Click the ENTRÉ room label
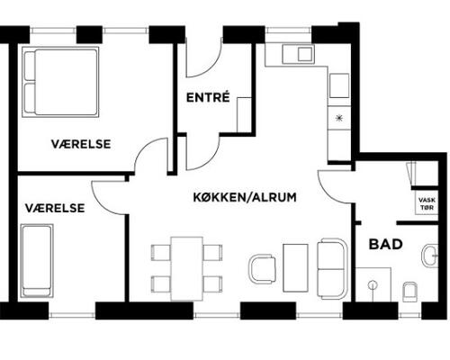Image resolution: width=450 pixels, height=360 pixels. click(x=208, y=97)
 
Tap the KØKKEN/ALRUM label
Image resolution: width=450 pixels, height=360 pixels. click(x=245, y=197)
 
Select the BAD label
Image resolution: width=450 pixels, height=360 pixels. click(x=385, y=244)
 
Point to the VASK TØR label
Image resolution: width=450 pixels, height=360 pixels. click(x=427, y=203)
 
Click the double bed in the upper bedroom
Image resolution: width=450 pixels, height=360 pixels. click(x=60, y=82)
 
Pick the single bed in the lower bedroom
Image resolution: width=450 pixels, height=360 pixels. click(x=37, y=261)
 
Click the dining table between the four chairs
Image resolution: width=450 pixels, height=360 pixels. click(x=186, y=268)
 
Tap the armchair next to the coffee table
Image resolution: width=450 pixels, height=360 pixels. click(x=263, y=269)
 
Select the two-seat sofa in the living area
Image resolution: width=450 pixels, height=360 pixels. click(x=332, y=268)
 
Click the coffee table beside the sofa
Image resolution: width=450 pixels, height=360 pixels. click(x=295, y=268)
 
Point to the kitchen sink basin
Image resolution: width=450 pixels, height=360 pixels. click(x=305, y=54)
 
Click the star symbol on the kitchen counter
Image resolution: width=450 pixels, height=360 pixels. click(x=339, y=118)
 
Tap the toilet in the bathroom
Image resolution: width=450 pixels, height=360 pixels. click(x=409, y=292)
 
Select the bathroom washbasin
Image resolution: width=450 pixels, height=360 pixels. click(x=429, y=256)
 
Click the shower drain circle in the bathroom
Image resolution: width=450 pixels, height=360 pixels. click(x=373, y=285)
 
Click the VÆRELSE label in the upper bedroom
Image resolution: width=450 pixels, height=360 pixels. click(x=81, y=144)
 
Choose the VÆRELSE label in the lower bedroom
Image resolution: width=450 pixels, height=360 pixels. click(x=55, y=208)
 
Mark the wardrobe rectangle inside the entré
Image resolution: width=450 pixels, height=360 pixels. click(x=244, y=114)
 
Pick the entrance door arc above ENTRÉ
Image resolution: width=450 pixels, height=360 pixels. click(x=211, y=67)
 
